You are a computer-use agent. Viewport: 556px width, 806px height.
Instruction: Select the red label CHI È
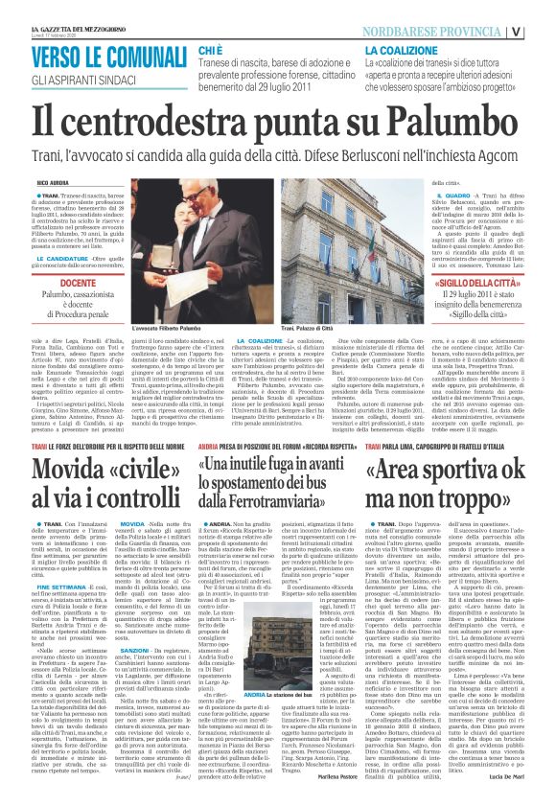(211, 48)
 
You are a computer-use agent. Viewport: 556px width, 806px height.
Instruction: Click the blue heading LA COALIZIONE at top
(402, 48)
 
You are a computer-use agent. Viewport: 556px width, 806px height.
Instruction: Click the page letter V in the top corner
(544, 30)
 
